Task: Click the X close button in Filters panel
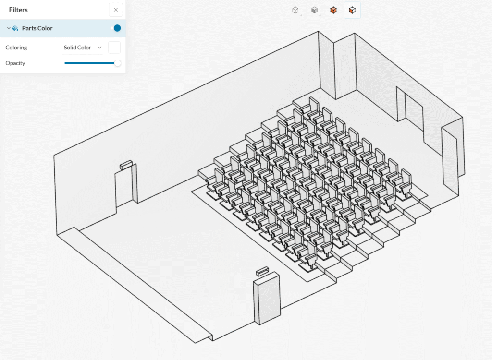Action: tap(115, 10)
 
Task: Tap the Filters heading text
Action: tap(18, 10)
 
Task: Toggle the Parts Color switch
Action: tap(116, 28)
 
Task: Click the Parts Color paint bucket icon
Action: tap(15, 28)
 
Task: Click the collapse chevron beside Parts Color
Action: tap(9, 28)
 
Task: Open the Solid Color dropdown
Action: tap(83, 48)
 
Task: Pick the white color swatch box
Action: tap(114, 48)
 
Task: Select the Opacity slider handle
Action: tap(117, 63)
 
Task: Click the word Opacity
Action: tap(15, 63)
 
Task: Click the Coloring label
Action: tap(16, 48)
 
